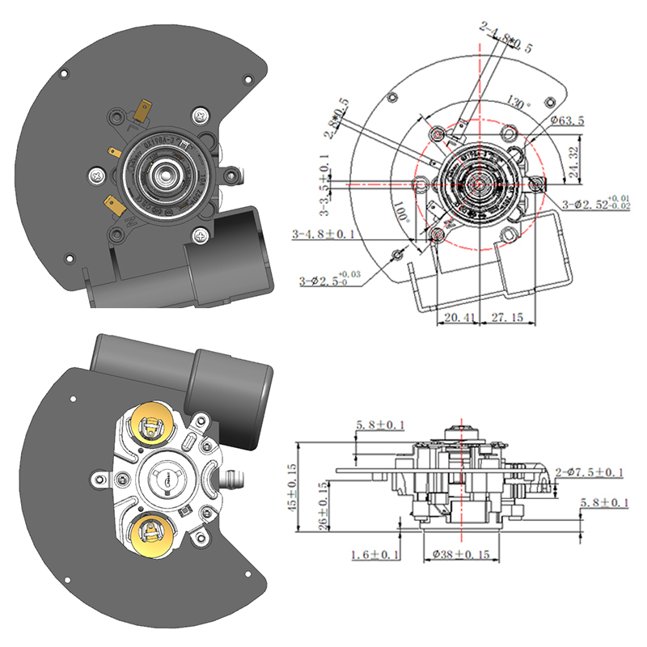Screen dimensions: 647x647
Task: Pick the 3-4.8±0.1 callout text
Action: (x=323, y=235)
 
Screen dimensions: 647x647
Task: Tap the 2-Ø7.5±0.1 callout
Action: (x=591, y=472)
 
